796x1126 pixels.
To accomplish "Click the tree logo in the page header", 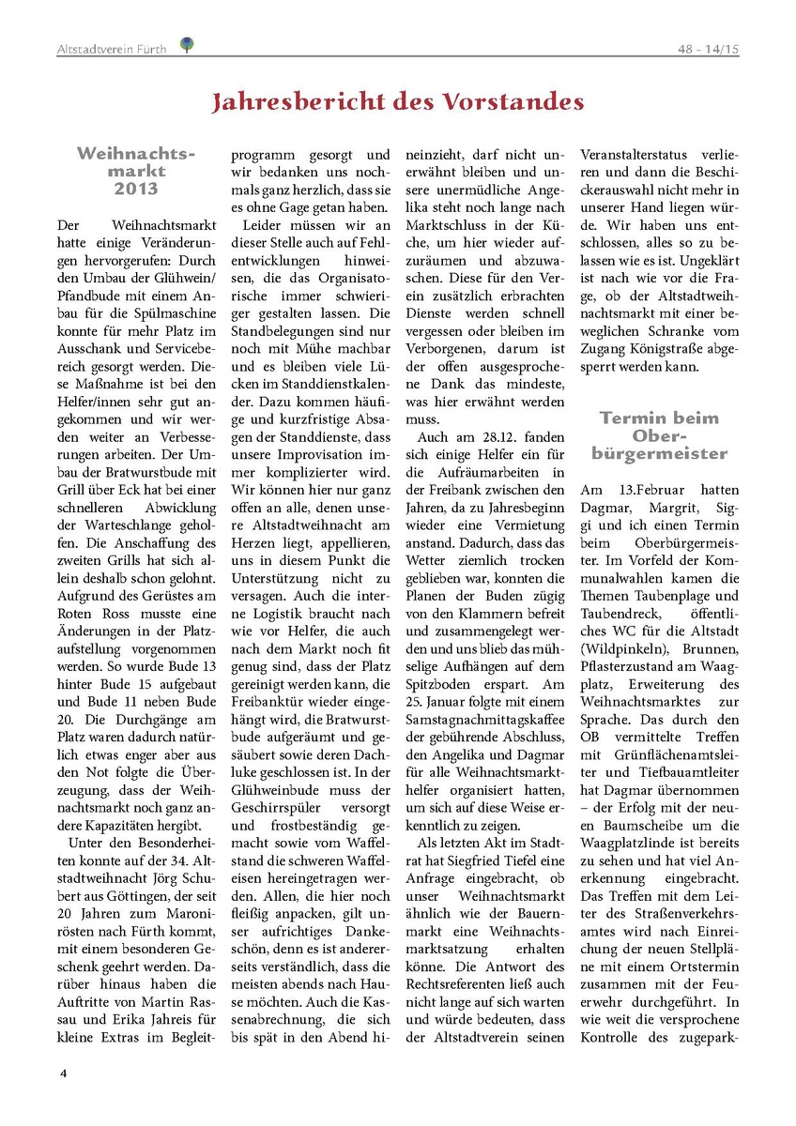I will tap(187, 43).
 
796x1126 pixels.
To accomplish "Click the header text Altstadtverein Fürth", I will tap(112, 49).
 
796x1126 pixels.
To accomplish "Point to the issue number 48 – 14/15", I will tap(708, 49).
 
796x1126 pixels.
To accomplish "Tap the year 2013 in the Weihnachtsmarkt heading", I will tap(136, 189).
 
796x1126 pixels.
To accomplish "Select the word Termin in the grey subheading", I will tap(634, 418).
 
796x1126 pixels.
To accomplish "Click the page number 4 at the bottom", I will tap(63, 1073).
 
